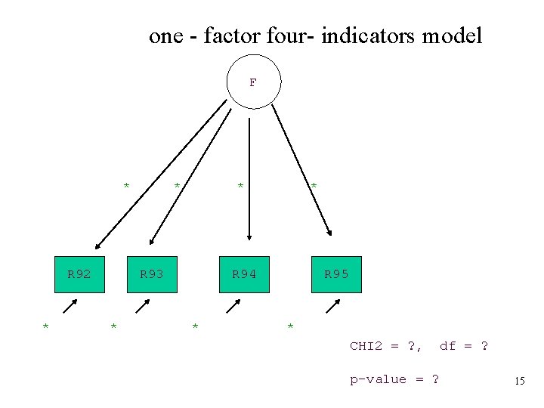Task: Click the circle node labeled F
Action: (x=254, y=82)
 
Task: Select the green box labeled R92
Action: (x=79, y=274)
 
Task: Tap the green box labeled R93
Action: (x=152, y=274)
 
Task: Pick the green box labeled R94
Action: (x=244, y=274)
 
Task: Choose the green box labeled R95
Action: (x=336, y=274)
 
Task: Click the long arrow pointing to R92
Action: (x=160, y=176)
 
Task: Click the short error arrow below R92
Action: (x=70, y=306)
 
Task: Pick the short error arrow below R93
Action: (x=142, y=306)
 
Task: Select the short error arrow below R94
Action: (x=233, y=306)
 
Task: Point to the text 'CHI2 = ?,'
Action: (x=385, y=347)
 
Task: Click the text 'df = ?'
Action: (x=463, y=347)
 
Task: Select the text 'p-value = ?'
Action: (x=393, y=379)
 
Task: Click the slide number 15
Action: (x=519, y=382)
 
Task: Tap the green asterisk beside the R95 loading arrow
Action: (x=314, y=185)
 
